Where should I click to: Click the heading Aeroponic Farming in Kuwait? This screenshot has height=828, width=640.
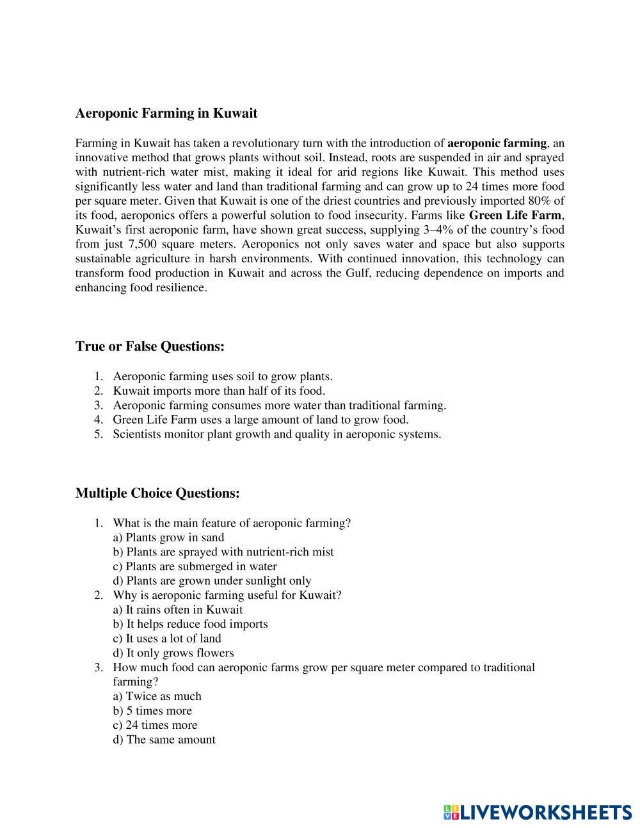point(166,113)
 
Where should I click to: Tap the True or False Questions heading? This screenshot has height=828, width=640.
point(150,346)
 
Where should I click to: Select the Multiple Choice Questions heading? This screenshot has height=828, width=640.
point(157,493)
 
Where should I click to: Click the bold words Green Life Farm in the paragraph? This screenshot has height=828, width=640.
point(515,215)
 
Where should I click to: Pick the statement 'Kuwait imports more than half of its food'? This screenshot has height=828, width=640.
point(219,390)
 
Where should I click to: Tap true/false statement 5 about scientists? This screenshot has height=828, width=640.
point(276,434)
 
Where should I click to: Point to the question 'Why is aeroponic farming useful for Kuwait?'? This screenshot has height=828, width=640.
point(227,595)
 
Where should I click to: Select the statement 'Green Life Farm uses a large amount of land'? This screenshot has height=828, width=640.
point(260,420)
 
